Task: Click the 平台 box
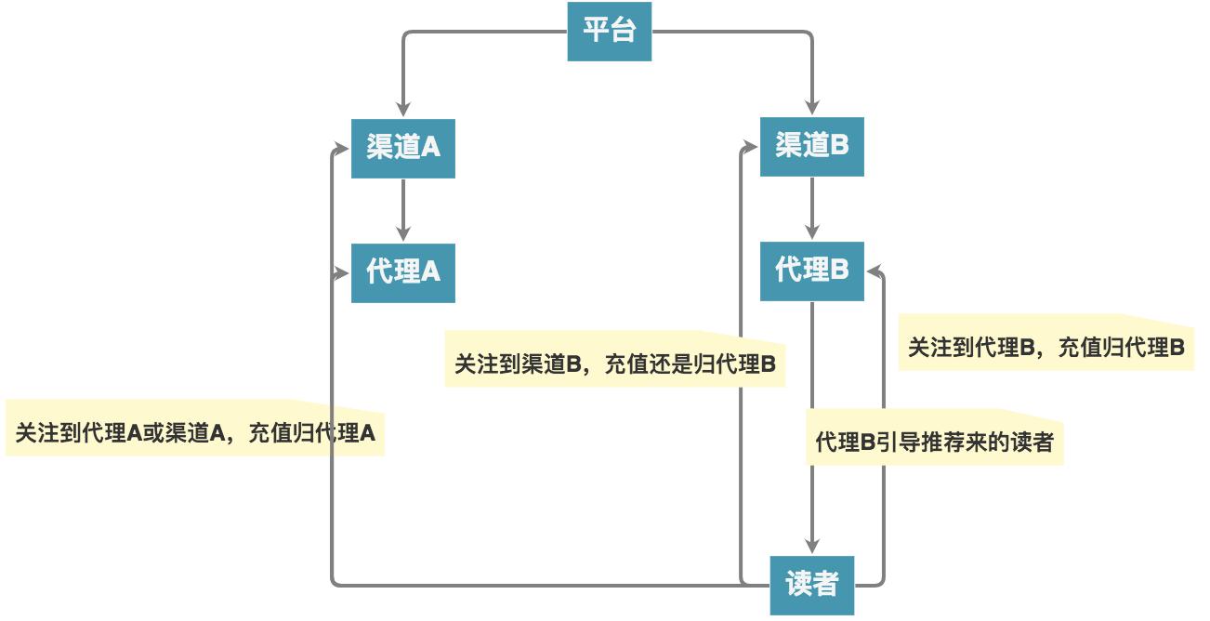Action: click(609, 31)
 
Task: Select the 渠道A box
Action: click(402, 147)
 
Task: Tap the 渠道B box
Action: click(811, 145)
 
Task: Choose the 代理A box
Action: click(402, 272)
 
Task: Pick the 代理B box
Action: click(811, 271)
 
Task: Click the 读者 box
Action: click(811, 585)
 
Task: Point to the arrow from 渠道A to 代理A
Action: click(402, 210)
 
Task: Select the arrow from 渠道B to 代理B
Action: click(811, 208)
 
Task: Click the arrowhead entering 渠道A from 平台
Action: click(402, 108)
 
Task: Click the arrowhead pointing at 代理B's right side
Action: click(875, 271)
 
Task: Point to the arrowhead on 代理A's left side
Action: click(341, 272)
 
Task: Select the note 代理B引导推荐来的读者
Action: click(934, 443)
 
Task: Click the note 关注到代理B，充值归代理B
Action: click(1046, 348)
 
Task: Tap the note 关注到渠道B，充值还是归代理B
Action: click(614, 363)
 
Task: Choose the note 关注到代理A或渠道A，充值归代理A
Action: click(195, 432)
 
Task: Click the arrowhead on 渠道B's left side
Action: click(750, 146)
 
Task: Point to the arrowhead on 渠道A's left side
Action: click(341, 147)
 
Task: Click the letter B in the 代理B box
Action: click(839, 271)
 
